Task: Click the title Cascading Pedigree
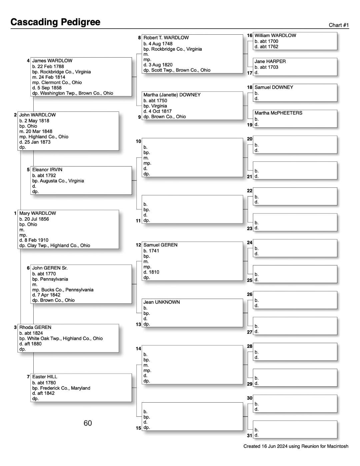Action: coord(55,22)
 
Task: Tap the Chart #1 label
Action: coord(339,25)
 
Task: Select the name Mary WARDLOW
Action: coord(38,213)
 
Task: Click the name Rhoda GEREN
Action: coord(35,327)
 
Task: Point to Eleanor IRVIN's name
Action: coord(47,169)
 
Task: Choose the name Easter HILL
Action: coord(45,377)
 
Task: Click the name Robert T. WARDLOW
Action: coord(166,38)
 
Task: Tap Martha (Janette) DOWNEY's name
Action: coord(172,95)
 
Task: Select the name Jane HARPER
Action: coord(270,61)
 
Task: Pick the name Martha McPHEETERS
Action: coord(278,113)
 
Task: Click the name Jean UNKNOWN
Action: coord(162,302)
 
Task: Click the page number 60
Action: coord(88,423)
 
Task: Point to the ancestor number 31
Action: coord(250,435)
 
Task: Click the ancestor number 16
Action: coord(250,35)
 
